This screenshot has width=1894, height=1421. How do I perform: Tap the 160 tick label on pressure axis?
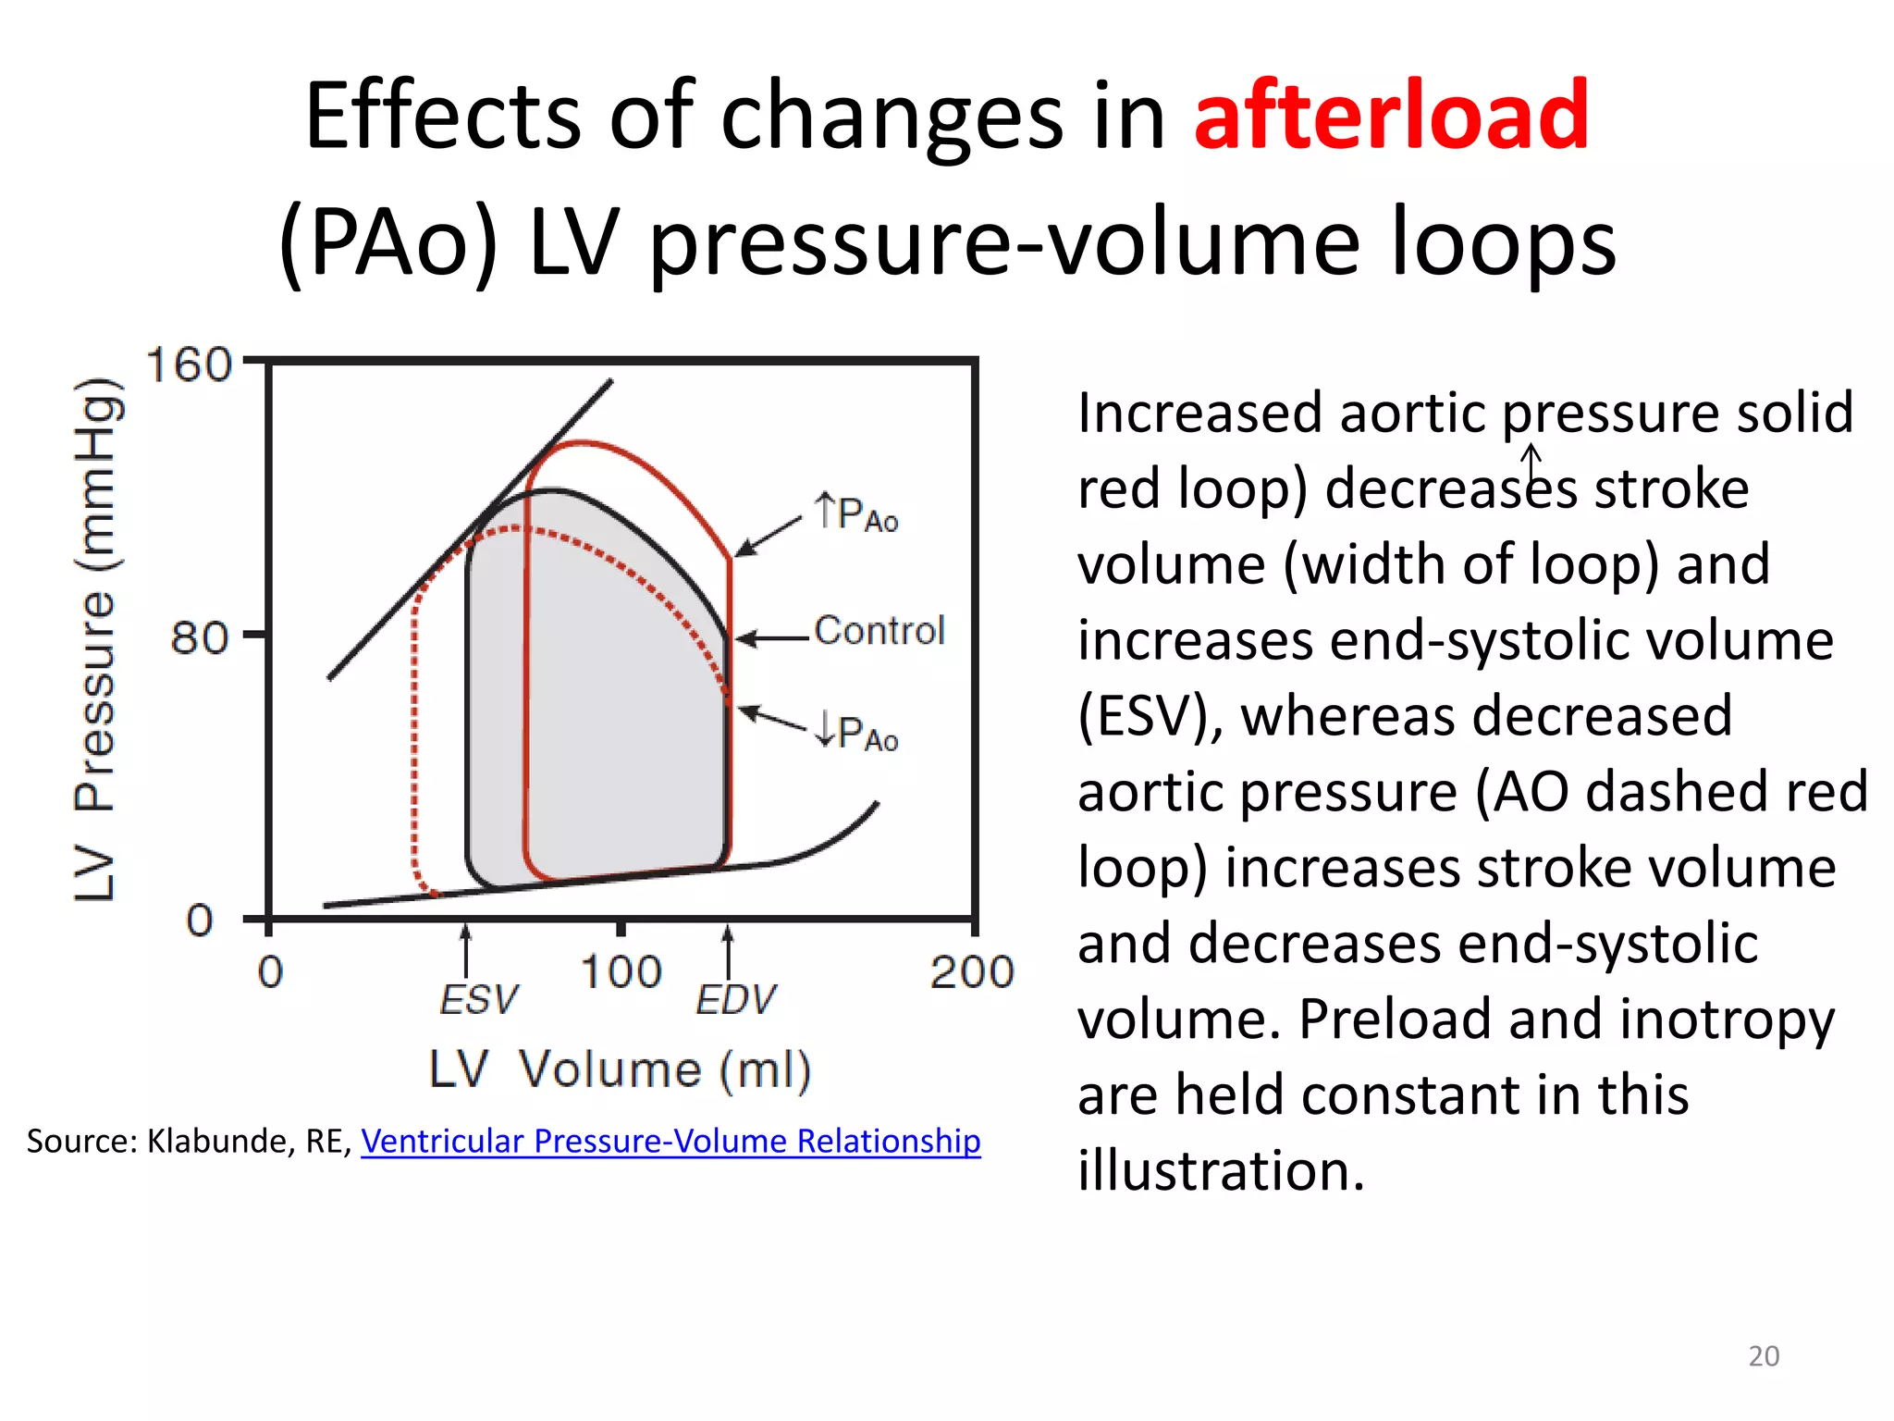pos(189,365)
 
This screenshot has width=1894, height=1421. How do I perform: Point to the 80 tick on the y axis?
pos(198,637)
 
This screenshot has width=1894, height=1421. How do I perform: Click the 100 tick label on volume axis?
pos(621,972)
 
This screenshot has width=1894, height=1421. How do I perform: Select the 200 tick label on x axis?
pos(972,972)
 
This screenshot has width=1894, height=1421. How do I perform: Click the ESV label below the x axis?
pos(478,1000)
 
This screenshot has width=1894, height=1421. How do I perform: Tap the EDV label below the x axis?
pos(735,1000)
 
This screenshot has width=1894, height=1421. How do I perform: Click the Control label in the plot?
pos(879,631)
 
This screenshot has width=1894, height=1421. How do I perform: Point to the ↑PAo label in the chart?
pos(856,513)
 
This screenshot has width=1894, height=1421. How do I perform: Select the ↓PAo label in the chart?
pos(856,733)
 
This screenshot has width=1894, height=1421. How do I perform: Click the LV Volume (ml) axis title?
pos(620,1070)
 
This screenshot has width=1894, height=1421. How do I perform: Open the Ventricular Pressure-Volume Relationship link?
pos(670,1141)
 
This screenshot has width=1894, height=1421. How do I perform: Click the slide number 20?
pos(1764,1355)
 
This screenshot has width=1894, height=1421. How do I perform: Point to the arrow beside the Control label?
pos(772,638)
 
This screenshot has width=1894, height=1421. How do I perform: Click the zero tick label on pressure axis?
pos(200,921)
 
